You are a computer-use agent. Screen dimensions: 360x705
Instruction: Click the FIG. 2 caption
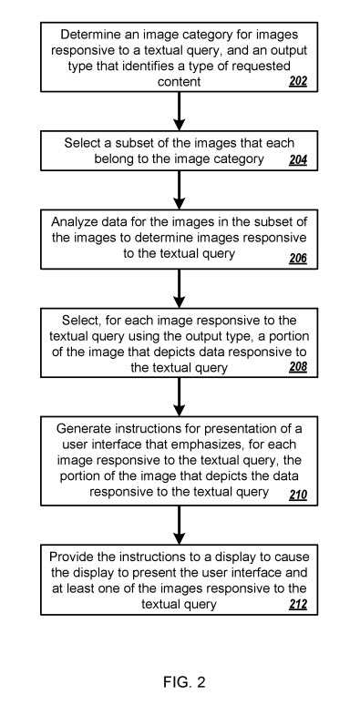180,679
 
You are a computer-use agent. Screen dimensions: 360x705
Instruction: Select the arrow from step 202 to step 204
180,111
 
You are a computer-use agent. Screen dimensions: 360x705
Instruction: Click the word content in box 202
180,82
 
